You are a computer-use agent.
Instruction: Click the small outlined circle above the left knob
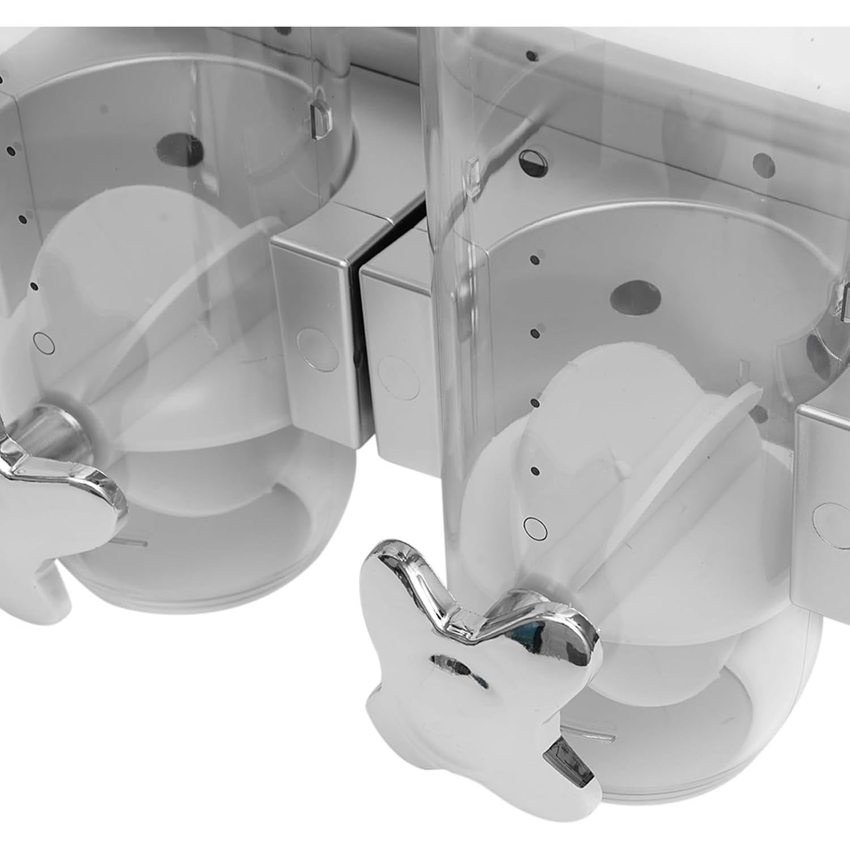(x=43, y=342)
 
